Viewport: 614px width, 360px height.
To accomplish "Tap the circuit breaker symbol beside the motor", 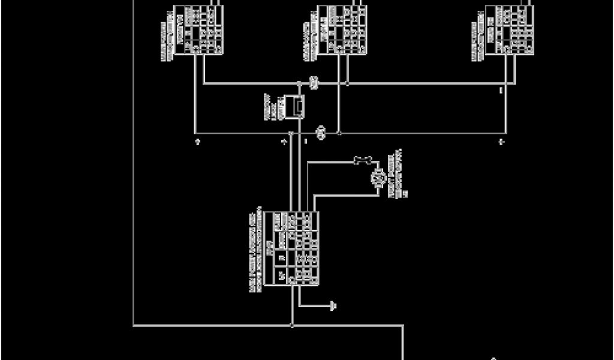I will click(363, 160).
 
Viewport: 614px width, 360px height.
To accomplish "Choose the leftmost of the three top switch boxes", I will click(198, 30).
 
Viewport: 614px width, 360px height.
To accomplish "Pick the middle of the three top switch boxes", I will click(342, 30).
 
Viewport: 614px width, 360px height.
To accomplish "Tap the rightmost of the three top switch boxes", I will click(510, 30).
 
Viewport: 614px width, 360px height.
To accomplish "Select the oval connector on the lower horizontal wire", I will click(321, 133).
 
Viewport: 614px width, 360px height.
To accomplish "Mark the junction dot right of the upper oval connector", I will click(347, 83).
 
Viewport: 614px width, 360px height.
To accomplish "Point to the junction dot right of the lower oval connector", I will click(339, 133).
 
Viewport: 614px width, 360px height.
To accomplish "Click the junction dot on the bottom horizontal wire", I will click(292, 326).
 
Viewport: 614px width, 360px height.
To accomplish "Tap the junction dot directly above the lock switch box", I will click(299, 84).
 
